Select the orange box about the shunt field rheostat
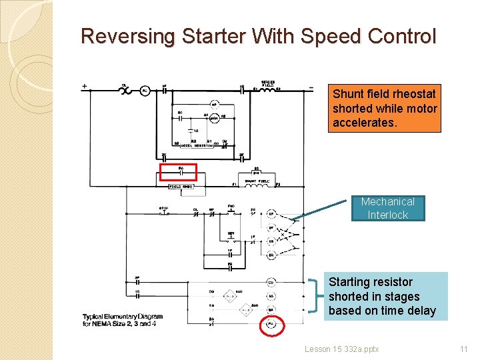tap(385, 109)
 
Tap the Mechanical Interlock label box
tap(387, 208)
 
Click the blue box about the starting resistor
tap(385, 296)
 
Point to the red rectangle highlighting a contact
tap(179, 173)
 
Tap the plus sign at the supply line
tap(85, 86)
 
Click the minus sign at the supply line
tap(311, 87)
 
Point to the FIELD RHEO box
tap(180, 187)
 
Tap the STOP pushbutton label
tap(164, 208)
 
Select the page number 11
tap(464, 349)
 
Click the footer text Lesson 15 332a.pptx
tap(341, 349)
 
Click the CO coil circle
tap(271, 282)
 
